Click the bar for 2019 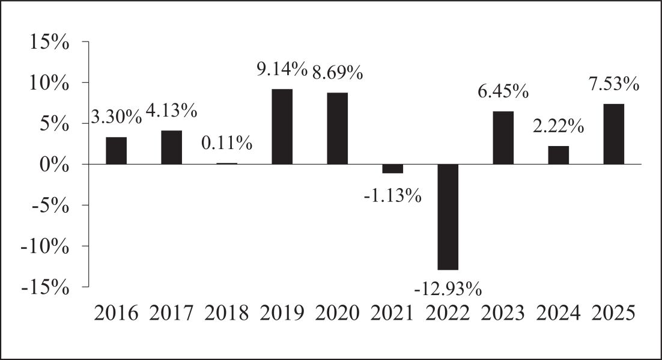point(282,126)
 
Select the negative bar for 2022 point(448,217)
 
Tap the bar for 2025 point(614,134)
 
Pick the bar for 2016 point(116,150)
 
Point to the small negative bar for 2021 point(393,169)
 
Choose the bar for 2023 point(503,138)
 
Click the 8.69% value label point(338,72)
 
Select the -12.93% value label point(448,290)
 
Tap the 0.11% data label point(226,143)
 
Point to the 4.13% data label point(171,111)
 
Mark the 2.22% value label point(558,126)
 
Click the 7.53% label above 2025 point(614,84)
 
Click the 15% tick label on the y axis point(49,42)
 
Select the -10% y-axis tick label point(44,246)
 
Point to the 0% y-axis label point(55,164)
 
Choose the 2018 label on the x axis point(226,313)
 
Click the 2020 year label point(338,313)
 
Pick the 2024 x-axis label point(558,313)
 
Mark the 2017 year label point(171,313)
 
